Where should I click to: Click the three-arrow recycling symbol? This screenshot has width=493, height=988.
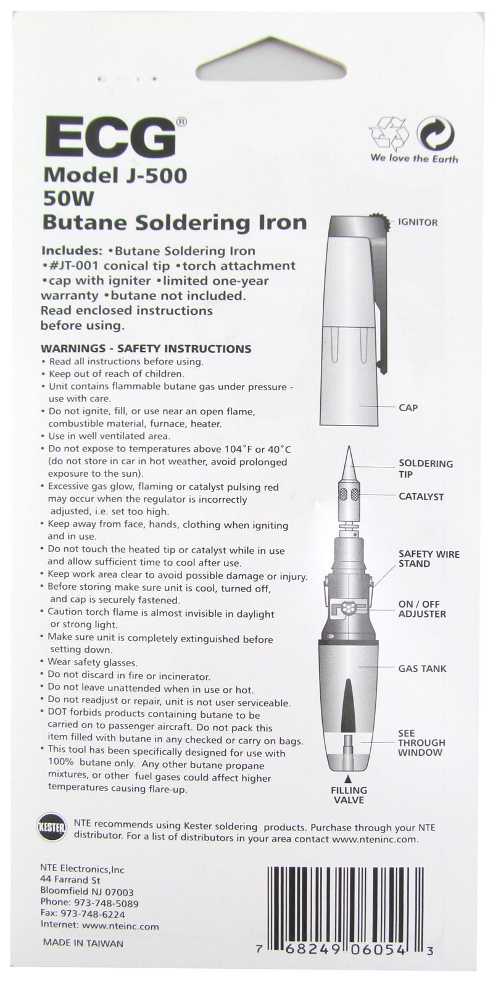[x=389, y=133]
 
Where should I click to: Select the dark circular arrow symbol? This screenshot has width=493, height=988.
[x=435, y=133]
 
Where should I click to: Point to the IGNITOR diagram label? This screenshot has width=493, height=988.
[x=418, y=222]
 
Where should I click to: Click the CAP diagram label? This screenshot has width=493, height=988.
[x=408, y=408]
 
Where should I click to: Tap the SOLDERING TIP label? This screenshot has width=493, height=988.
[x=425, y=469]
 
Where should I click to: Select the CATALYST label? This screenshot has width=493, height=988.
[x=421, y=496]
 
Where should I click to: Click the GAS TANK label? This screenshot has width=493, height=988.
[x=422, y=668]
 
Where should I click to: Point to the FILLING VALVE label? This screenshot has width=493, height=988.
[x=349, y=795]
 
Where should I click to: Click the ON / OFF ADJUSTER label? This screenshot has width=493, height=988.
[x=422, y=609]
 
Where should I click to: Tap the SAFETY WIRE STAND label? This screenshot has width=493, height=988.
[x=429, y=559]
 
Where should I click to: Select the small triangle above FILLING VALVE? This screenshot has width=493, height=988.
[x=348, y=779]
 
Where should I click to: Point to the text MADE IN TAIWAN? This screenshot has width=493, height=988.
[x=83, y=943]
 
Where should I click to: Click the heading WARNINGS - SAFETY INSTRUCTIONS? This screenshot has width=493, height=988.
[x=146, y=348]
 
